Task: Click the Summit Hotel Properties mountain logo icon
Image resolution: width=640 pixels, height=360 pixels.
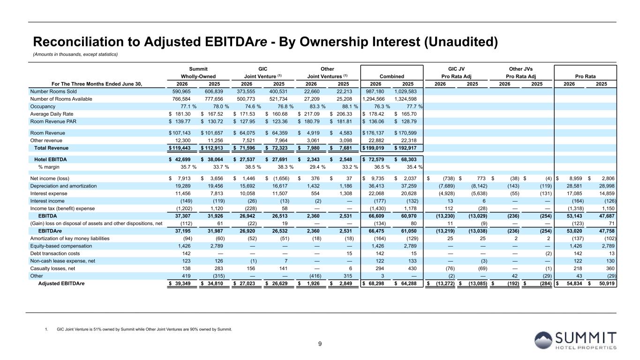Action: tap(543, 340)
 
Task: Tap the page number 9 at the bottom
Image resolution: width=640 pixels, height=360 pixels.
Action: tap(320, 344)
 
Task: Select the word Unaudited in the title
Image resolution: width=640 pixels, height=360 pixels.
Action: tap(461, 42)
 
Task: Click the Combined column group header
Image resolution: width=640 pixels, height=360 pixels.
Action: tap(392, 76)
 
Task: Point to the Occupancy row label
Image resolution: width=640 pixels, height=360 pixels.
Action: tap(43, 106)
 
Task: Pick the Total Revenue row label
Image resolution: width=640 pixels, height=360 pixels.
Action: tap(52, 148)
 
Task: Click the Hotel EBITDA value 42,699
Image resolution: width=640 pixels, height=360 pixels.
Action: tap(182, 159)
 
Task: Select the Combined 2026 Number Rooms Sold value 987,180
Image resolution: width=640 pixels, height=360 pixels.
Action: tap(375, 91)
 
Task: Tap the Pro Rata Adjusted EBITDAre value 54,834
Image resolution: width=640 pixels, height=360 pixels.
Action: tap(574, 284)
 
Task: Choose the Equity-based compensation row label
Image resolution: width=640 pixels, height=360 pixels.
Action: tap(61, 246)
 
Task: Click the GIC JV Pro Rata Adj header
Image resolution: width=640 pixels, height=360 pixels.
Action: tap(456, 73)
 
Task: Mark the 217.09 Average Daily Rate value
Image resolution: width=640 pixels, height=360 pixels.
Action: tap(312, 114)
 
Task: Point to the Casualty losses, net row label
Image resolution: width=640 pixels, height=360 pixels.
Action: tap(53, 269)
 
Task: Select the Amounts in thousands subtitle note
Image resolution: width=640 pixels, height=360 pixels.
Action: tap(75, 54)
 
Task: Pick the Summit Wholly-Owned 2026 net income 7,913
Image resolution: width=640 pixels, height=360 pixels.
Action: tap(184, 179)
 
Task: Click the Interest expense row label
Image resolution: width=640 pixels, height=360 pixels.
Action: tap(49, 194)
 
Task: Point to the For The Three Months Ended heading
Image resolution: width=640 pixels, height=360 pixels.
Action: tap(97, 84)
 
